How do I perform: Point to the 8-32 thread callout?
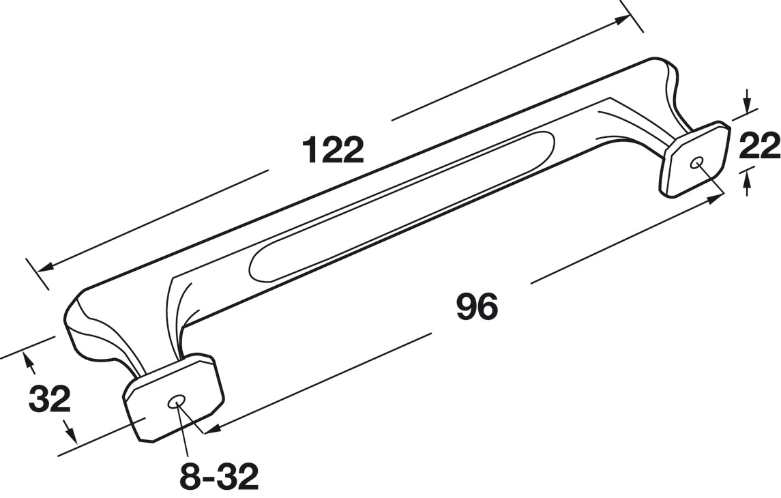[x=219, y=476]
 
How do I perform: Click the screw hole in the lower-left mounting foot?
[x=176, y=402]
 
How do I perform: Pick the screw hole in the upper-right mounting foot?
[x=697, y=163]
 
